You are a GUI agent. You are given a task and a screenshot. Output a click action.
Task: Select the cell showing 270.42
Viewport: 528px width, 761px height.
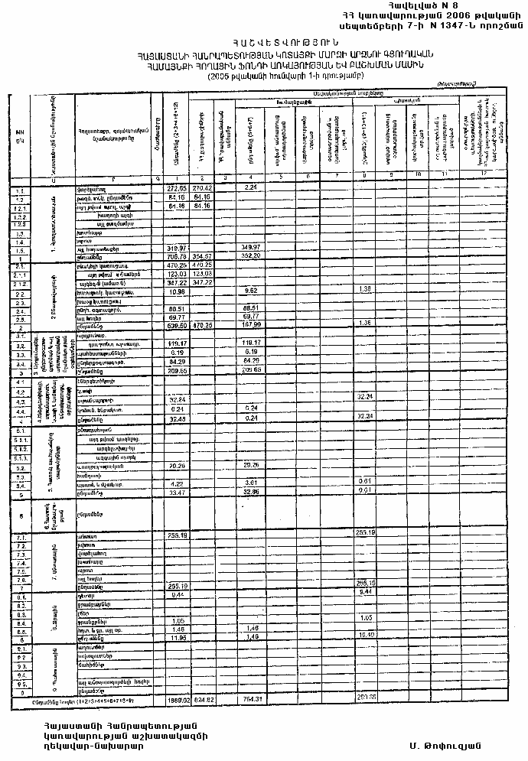[203, 187]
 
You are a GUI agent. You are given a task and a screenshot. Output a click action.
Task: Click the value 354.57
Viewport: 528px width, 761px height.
[203, 257]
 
